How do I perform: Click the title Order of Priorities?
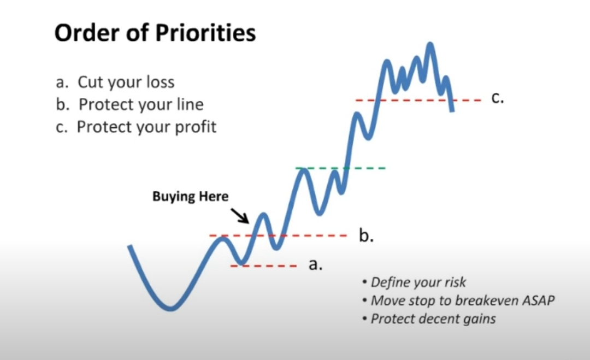155,33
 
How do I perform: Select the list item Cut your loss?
115,82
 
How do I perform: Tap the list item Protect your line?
129,104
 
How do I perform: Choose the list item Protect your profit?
136,127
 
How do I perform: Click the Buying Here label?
191,196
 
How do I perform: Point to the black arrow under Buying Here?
240,216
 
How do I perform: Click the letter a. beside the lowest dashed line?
315,264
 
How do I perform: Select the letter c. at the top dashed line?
498,98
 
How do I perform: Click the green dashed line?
340,168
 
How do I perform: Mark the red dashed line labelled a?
264,266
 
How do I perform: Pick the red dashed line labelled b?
278,236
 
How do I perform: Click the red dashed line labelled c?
418,101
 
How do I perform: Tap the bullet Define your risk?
414,282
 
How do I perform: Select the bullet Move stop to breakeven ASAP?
458,300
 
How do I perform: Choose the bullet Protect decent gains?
429,318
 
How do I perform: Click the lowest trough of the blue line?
170,309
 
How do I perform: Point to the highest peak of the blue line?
430,45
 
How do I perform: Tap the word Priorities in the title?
205,33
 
